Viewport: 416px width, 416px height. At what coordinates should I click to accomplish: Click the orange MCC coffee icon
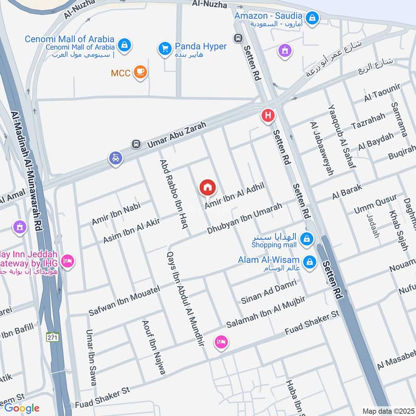139,73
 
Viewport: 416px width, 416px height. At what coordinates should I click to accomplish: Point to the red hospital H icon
268,115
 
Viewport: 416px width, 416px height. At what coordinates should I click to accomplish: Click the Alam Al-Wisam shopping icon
309,262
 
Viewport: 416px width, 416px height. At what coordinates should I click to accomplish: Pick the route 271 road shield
52,336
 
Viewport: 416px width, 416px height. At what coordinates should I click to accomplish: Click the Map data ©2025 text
387,411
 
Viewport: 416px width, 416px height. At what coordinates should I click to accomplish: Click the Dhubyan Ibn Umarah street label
244,218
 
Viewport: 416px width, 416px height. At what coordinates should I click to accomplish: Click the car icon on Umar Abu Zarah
115,158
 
